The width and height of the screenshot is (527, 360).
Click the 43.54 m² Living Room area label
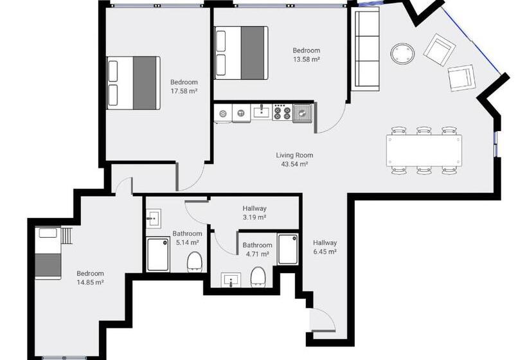(294, 159)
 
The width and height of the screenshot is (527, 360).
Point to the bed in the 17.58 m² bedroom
(134, 82)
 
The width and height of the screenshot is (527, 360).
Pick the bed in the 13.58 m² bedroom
(241, 51)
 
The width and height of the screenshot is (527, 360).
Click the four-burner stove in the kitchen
(281, 113)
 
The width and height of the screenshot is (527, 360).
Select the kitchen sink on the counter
(261, 113)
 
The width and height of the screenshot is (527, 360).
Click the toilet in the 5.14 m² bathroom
(195, 261)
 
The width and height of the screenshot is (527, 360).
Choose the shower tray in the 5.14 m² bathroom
(158, 254)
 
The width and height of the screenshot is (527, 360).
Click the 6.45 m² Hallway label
(325, 247)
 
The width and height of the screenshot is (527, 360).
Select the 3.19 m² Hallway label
(255, 213)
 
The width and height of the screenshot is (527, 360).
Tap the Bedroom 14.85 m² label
(90, 277)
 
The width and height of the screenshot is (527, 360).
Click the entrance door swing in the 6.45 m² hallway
(319, 319)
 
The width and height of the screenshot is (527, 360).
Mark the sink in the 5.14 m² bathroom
(153, 218)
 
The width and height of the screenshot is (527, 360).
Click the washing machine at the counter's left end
(223, 114)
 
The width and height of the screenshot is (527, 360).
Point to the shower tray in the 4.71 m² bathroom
(287, 249)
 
